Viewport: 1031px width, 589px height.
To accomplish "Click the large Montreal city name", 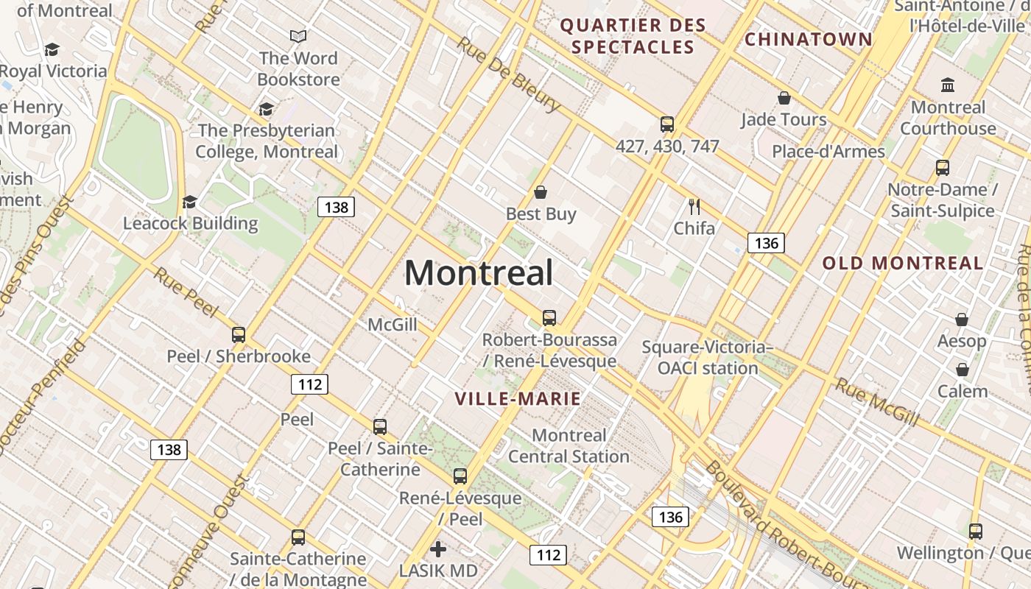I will coord(479,273).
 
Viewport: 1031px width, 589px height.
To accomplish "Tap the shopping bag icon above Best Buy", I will coord(541,192).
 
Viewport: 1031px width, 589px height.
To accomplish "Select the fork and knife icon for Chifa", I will coord(694,206).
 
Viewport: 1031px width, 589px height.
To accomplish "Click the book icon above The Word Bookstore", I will coord(298,36).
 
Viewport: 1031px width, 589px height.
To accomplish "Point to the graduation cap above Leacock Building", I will coord(190,202).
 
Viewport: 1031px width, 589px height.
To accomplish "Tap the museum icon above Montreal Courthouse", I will coord(948,85).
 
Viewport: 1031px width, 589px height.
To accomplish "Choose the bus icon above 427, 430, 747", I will coord(667,124).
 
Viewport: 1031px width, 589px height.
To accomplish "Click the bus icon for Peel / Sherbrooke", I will coord(239,335).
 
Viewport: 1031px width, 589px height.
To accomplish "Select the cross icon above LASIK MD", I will coord(438,549).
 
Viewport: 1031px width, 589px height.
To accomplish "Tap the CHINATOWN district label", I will coord(808,39).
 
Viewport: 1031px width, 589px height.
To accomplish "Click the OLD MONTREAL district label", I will coord(903,263).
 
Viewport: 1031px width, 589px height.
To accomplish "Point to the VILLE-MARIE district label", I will coord(518,399).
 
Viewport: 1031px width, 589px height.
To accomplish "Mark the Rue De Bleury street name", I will coord(508,73).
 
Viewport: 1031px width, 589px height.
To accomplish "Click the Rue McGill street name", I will coord(877,402).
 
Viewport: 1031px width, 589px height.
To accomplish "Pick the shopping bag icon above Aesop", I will coord(962,320).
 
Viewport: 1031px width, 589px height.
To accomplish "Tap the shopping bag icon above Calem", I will coord(963,370).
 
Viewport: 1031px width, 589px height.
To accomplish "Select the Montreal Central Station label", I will coord(569,445).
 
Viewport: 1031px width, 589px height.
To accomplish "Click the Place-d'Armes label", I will coord(828,152).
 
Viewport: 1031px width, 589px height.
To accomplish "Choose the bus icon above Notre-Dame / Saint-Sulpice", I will coord(943,168).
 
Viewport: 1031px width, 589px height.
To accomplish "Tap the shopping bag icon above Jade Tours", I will coord(784,98).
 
